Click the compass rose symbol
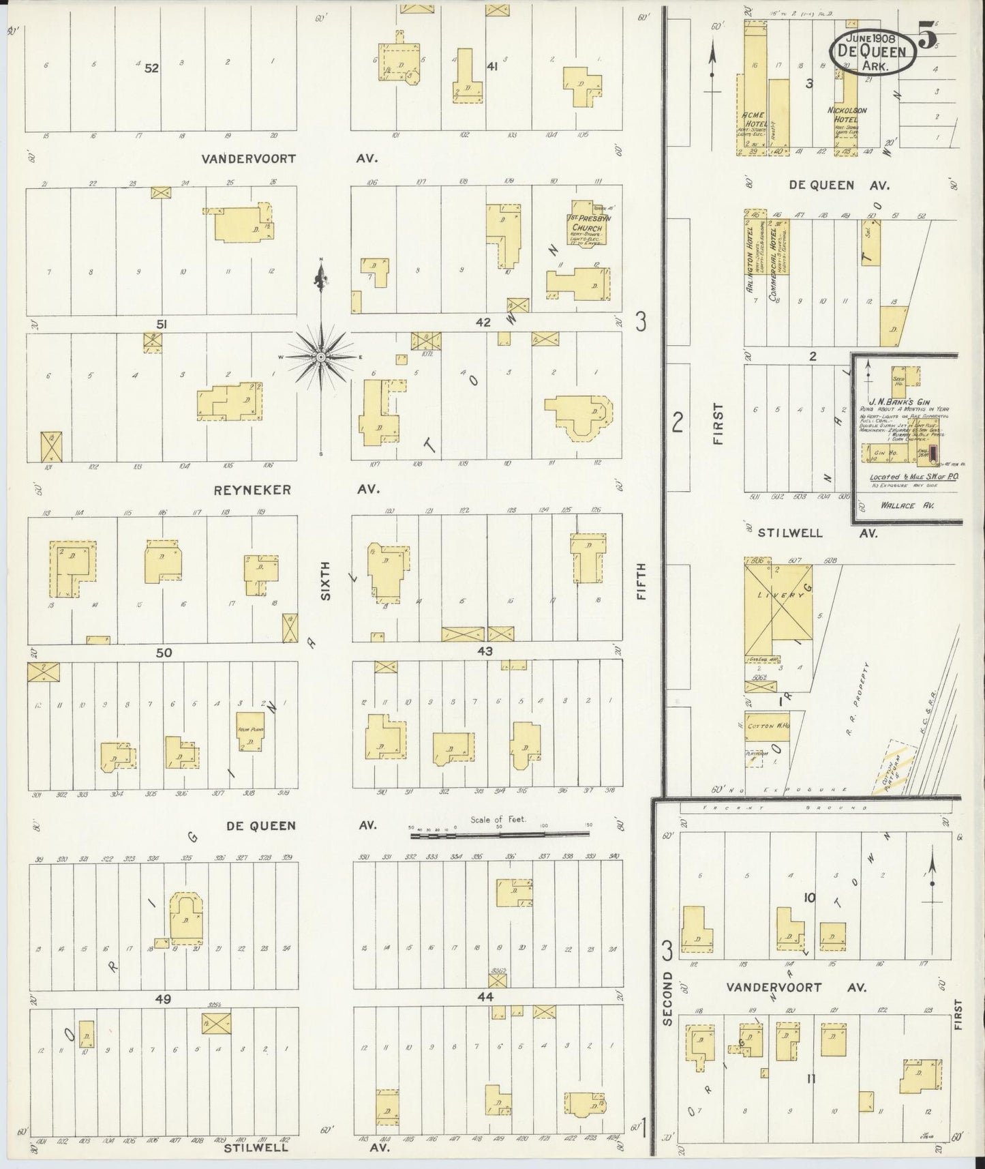[x=320, y=356]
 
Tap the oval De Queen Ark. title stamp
[x=872, y=52]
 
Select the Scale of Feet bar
[x=499, y=833]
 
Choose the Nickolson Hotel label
[x=847, y=114]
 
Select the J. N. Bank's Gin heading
[x=898, y=403]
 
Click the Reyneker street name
[x=243, y=490]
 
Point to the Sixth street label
[x=326, y=580]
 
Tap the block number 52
[x=151, y=68]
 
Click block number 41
[x=491, y=67]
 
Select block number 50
[x=163, y=653]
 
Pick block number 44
[x=485, y=996]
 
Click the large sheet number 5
[x=927, y=36]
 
